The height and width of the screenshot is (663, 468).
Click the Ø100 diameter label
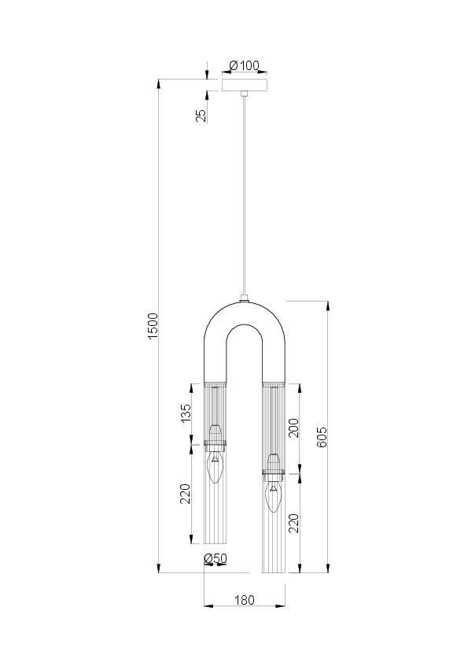pos(244,65)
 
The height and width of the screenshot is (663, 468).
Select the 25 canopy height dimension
pos(201,116)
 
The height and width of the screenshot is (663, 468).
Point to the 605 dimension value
pos(322,437)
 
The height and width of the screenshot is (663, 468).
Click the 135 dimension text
pos(186,413)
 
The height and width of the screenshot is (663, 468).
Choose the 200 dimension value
pos(294,428)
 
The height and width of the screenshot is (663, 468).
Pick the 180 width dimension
pos(244,600)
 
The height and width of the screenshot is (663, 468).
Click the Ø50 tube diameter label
pos(216,559)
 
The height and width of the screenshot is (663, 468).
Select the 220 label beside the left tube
pos(186,494)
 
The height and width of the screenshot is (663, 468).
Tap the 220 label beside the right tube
pos(294,524)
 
